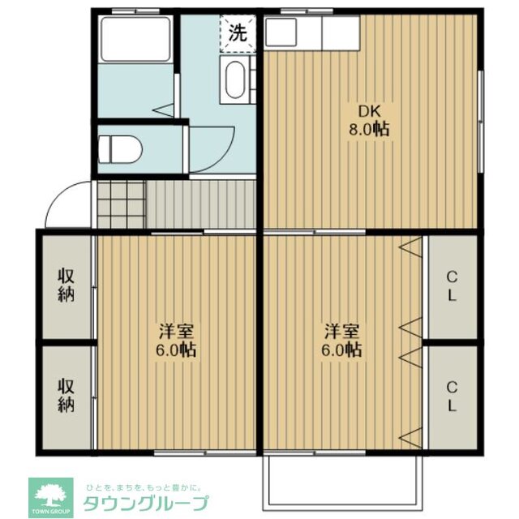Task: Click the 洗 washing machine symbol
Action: pyautogui.click(x=237, y=33)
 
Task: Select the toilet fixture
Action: pyautogui.click(x=120, y=149)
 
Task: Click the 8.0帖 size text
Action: pyautogui.click(x=369, y=130)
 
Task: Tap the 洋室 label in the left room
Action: pyautogui.click(x=176, y=332)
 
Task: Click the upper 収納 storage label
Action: pyautogui.click(x=66, y=284)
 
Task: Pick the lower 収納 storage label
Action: pyautogui.click(x=66, y=393)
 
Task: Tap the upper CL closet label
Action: pyautogui.click(x=451, y=285)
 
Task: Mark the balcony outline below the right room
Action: pyautogui.click(x=343, y=483)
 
